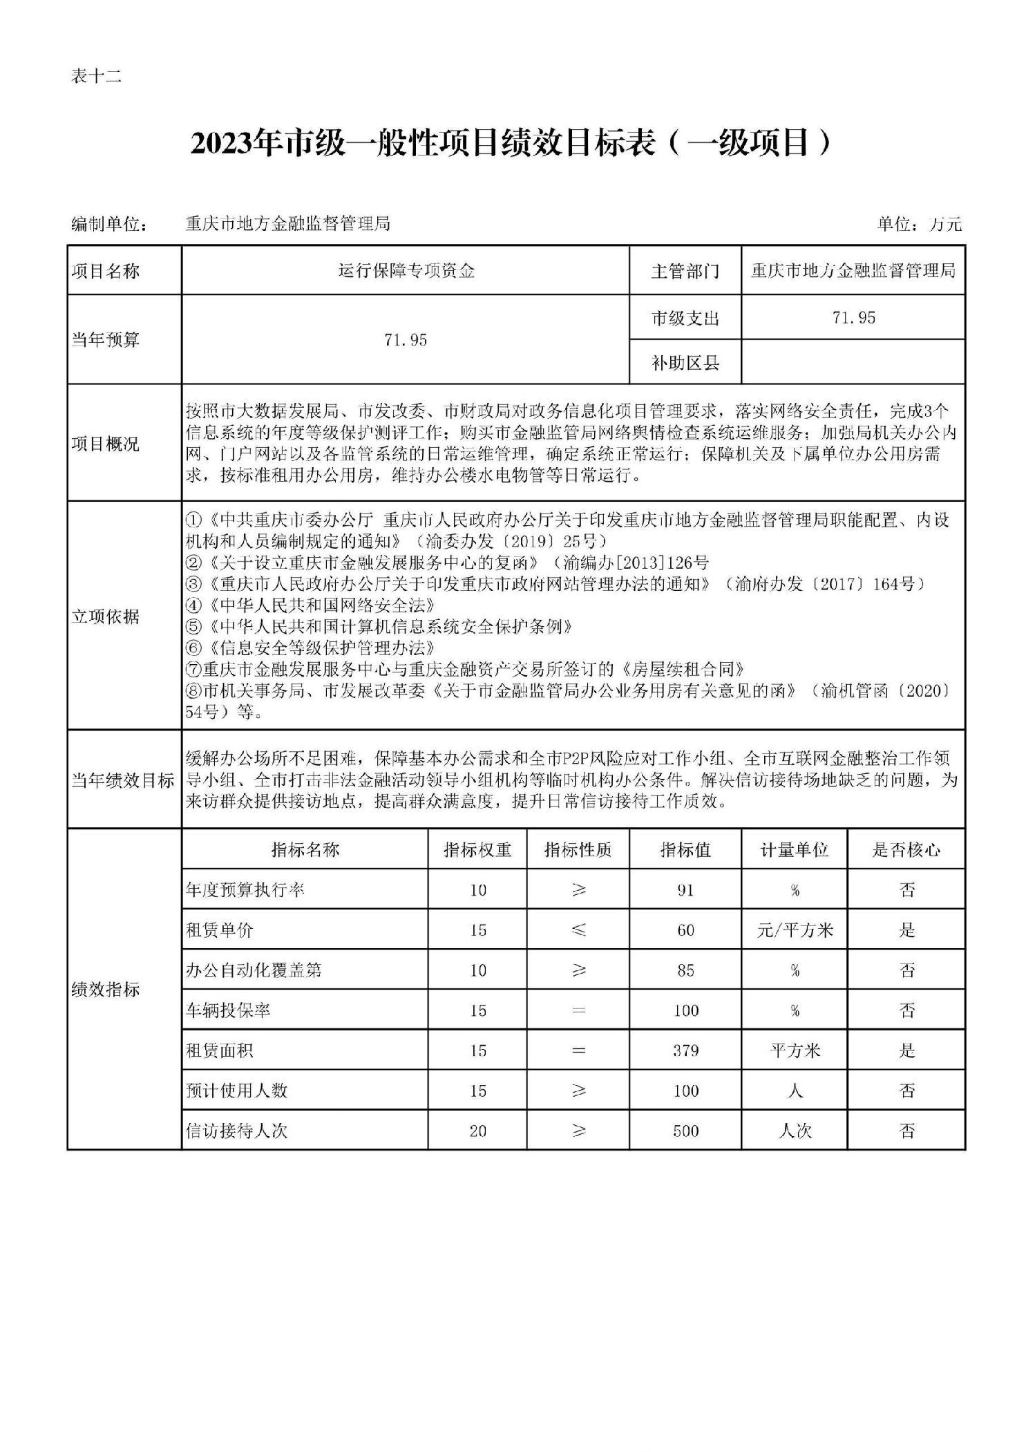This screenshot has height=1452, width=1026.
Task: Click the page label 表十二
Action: click(x=96, y=77)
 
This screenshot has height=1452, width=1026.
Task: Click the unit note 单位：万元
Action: click(x=919, y=224)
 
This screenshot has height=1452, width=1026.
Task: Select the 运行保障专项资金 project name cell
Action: click(x=406, y=271)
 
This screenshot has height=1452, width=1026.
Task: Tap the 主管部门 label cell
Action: click(x=685, y=271)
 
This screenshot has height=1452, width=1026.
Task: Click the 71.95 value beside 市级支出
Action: click(x=854, y=317)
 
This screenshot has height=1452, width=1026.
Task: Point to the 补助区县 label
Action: click(x=685, y=362)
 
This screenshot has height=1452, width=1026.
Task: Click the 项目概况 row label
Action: click(x=105, y=443)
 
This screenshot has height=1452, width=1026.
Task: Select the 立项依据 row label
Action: click(x=105, y=616)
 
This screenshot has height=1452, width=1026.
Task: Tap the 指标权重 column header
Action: click(x=477, y=849)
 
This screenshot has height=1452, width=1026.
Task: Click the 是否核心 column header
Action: click(x=906, y=849)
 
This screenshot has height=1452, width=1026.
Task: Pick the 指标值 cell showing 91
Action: click(x=685, y=890)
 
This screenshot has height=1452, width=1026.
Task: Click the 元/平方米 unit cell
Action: click(x=795, y=930)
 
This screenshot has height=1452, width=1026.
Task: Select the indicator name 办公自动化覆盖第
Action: click(x=254, y=970)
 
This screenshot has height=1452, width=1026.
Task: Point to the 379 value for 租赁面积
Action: click(x=685, y=1051)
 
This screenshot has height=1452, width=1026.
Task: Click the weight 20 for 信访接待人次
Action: click(x=477, y=1131)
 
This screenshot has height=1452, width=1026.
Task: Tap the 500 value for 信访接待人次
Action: click(x=685, y=1131)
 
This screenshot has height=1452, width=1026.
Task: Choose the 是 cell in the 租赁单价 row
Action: click(x=906, y=930)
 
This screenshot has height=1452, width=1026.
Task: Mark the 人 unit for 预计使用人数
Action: click(x=795, y=1091)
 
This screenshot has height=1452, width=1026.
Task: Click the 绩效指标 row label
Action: click(x=105, y=990)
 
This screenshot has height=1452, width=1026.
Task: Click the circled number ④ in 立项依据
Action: click(x=193, y=605)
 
